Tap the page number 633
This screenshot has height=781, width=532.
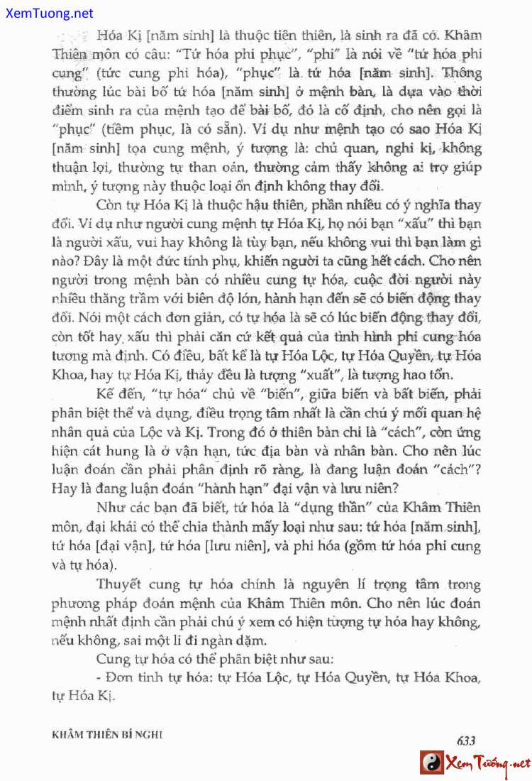pyautogui.click(x=466, y=739)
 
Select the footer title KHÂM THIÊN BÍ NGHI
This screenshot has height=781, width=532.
pyautogui.click(x=108, y=736)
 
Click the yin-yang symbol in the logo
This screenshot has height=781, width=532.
pyautogui.click(x=431, y=763)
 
